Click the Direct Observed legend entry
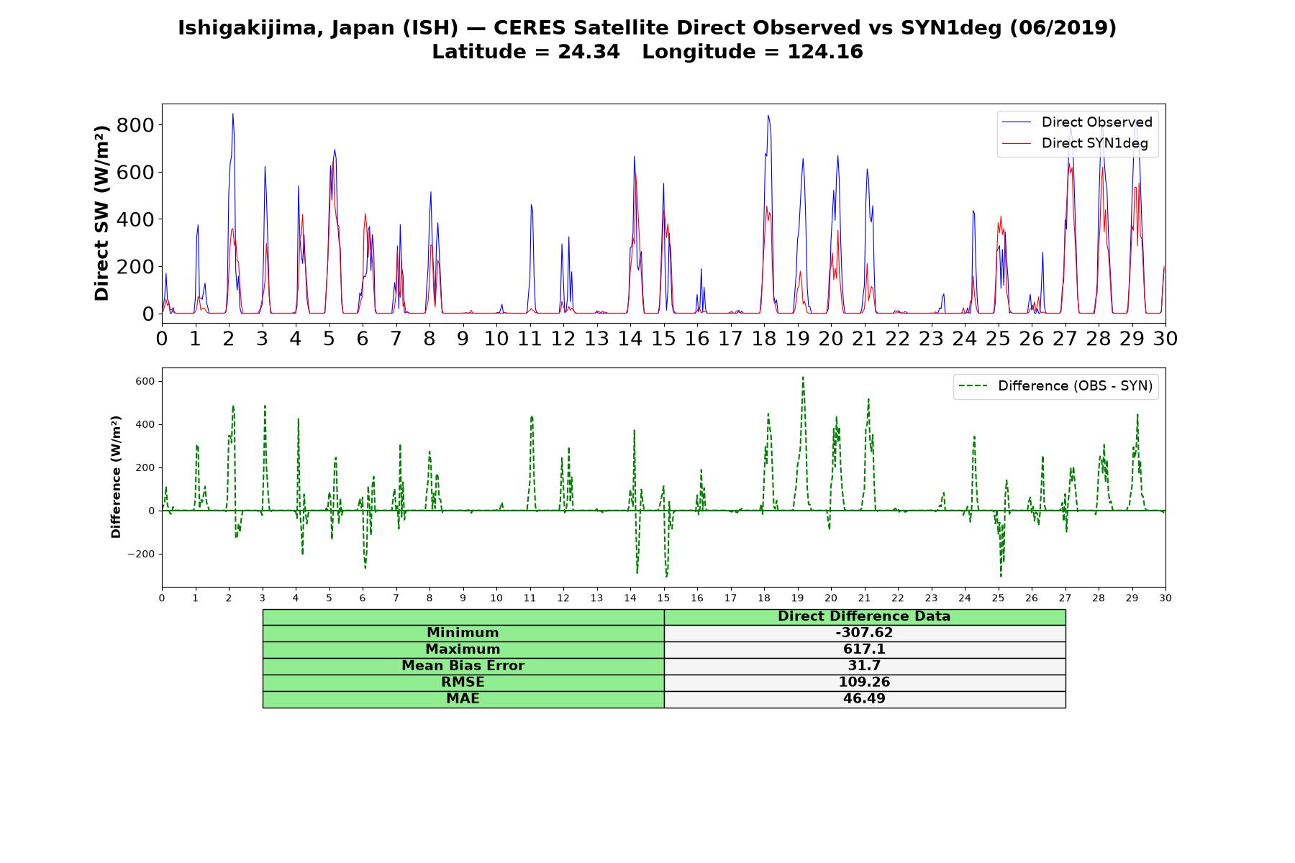(x=1078, y=122)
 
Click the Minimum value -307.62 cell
(x=864, y=633)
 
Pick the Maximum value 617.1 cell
(x=864, y=649)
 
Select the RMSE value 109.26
(x=864, y=682)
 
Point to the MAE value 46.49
(x=864, y=698)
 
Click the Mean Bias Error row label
(x=463, y=666)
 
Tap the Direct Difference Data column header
(x=864, y=616)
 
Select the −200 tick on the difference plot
(x=142, y=554)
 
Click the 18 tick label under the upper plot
(x=764, y=338)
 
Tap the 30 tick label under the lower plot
(x=1165, y=598)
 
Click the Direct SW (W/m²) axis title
(x=102, y=213)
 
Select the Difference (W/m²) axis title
(x=117, y=477)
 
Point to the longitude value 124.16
(x=825, y=52)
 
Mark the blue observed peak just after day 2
(x=232, y=114)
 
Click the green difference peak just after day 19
(x=803, y=377)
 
